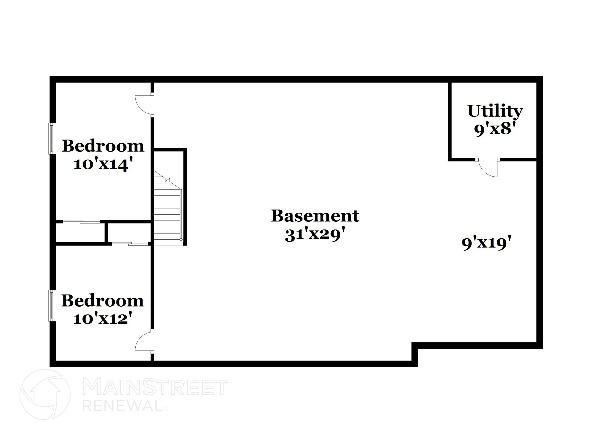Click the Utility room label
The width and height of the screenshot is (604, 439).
[495, 111]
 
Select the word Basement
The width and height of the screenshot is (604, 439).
[315, 216]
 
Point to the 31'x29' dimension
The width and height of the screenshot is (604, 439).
[315, 235]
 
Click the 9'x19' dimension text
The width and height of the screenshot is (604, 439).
[486, 244]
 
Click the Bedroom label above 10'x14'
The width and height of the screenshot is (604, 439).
[103, 146]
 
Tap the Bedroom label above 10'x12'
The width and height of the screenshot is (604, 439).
[103, 301]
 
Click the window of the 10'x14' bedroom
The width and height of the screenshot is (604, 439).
[52, 138]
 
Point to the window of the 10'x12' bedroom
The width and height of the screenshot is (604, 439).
[52, 305]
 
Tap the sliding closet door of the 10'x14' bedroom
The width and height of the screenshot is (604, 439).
[81, 222]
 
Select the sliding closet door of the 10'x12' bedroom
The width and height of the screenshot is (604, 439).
[130, 244]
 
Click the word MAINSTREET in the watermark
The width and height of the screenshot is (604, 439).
[155, 387]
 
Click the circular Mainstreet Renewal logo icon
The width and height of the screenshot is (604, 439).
[45, 394]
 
